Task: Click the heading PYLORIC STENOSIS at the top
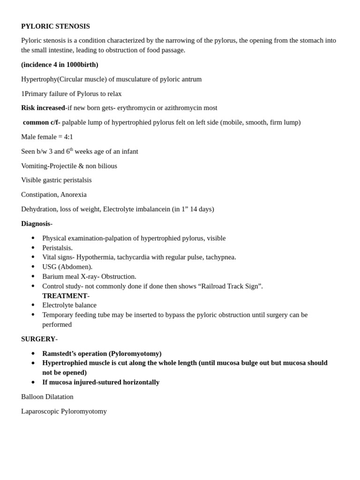(55, 26)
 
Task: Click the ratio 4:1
(68, 137)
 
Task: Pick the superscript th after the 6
(72, 149)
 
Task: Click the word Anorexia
(73, 195)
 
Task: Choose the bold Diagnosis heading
(36, 224)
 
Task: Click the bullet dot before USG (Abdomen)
(33, 267)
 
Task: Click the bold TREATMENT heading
(65, 296)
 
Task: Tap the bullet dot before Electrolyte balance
(33, 305)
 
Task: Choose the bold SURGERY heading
(38, 339)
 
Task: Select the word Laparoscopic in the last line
(40, 411)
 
